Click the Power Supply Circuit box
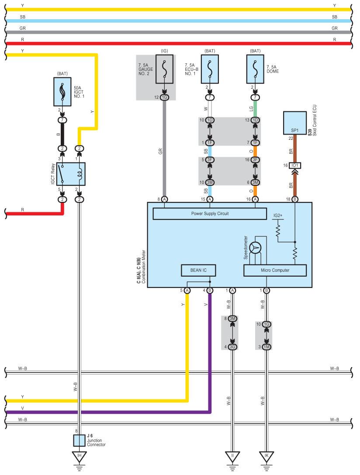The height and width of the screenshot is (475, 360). pos(210,214)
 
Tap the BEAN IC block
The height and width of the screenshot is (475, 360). pos(198,270)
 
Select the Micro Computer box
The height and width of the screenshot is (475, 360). pos(275,270)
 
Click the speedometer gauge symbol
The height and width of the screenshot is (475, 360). pos(255,248)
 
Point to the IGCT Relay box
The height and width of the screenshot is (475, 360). pos(71,174)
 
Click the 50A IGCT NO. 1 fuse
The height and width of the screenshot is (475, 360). pos(62,92)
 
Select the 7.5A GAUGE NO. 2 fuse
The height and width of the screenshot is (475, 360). pos(164,69)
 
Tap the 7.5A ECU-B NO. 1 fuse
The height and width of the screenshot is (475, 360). pos(210,69)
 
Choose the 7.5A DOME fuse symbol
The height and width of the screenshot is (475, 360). pos(255,69)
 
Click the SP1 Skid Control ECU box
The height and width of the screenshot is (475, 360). pos(295,123)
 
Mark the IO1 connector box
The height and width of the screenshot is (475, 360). pos(295,166)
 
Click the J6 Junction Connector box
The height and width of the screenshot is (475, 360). pos(80,440)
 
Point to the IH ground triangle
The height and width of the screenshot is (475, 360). pos(80,457)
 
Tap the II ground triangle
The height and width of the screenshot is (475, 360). pos(232,457)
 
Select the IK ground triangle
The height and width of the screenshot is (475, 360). pos(267,457)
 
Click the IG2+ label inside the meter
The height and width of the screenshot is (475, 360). pos(277,215)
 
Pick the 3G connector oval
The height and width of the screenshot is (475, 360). pos(232,347)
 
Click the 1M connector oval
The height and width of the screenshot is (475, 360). pos(267,347)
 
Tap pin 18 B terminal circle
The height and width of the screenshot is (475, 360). pos(295,199)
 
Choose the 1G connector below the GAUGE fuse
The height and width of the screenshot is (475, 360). pos(164,97)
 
